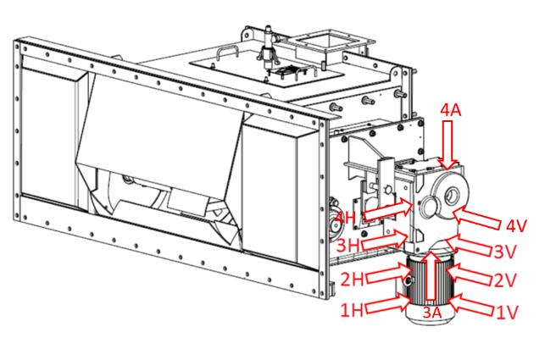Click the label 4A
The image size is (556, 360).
[451, 111]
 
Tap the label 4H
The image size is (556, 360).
[347, 219]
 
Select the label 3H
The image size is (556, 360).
[348, 245]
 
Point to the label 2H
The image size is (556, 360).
[353, 279]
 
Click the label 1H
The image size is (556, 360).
[353, 311]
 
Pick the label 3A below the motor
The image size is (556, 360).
[431, 313]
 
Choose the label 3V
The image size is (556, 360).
[505, 252]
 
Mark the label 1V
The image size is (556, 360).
[506, 312]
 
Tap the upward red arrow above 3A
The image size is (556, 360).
[431, 275]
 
